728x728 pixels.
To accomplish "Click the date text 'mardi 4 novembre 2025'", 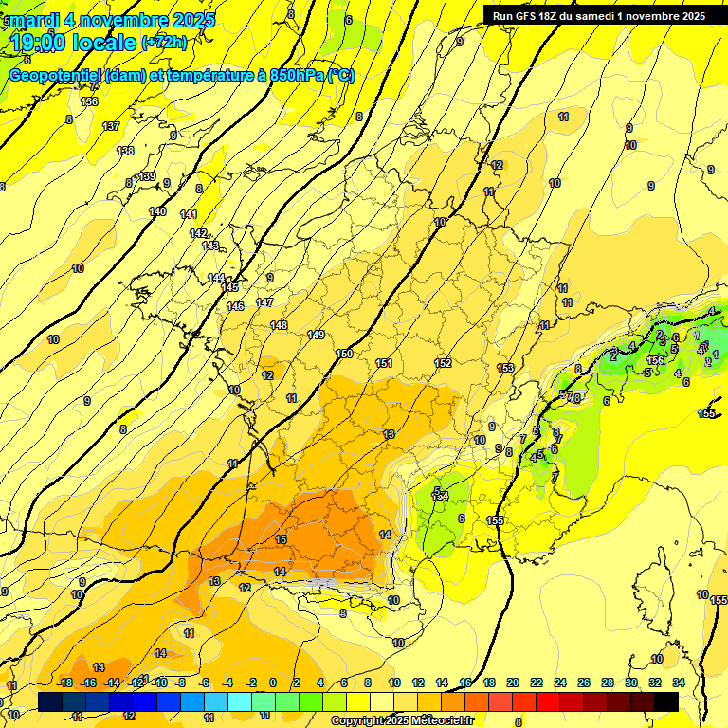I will point(112,20).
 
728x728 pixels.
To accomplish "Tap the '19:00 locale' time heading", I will point(72,43).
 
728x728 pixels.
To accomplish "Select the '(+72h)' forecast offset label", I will point(164,43).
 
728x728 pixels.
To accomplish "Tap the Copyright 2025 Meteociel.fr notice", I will point(402,721).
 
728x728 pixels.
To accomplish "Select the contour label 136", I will point(89,101).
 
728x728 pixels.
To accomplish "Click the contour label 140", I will point(157,211).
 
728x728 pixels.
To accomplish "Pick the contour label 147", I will point(264,302).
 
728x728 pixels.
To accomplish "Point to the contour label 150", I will point(344,354).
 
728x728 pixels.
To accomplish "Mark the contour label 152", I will point(443,363).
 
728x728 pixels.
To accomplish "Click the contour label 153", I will point(505,368).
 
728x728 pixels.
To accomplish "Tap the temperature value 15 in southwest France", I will point(281,539).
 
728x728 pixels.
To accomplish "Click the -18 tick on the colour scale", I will point(65,682).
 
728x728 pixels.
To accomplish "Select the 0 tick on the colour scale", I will point(272,682).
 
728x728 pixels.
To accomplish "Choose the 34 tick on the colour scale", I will point(678,682).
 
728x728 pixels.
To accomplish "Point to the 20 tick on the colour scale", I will point(513,682).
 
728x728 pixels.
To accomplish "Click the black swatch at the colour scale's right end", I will point(666,701).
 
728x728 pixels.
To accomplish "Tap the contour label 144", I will point(216,277).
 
